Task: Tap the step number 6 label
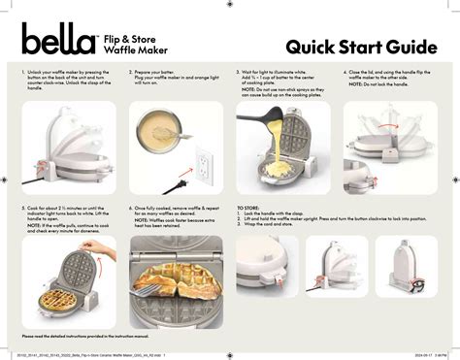(132, 208)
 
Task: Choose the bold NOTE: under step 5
(32, 225)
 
